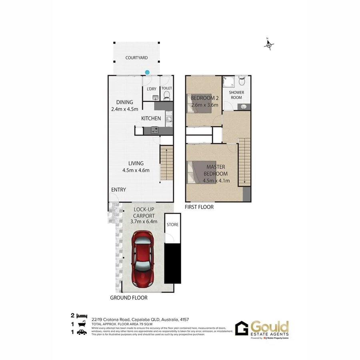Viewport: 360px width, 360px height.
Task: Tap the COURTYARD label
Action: coord(136,58)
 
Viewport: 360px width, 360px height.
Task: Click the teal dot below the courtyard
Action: coord(147,72)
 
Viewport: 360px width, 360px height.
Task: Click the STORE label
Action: coord(172,225)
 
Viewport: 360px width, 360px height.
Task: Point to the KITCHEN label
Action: coord(151,118)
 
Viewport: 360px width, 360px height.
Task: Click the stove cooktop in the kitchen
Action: coord(154,130)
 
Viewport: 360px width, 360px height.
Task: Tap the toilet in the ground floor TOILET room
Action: coord(166,95)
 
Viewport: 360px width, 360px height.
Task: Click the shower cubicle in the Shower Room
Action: coord(229,82)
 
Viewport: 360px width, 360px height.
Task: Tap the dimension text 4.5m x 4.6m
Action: coord(136,170)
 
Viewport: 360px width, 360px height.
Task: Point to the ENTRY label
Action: coord(118,190)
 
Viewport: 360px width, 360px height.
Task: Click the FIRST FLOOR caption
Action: coord(199,207)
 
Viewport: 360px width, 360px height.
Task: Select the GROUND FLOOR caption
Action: coord(129,298)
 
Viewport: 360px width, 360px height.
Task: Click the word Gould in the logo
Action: coord(270,326)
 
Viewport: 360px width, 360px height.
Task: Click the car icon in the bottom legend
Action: coord(82,332)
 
